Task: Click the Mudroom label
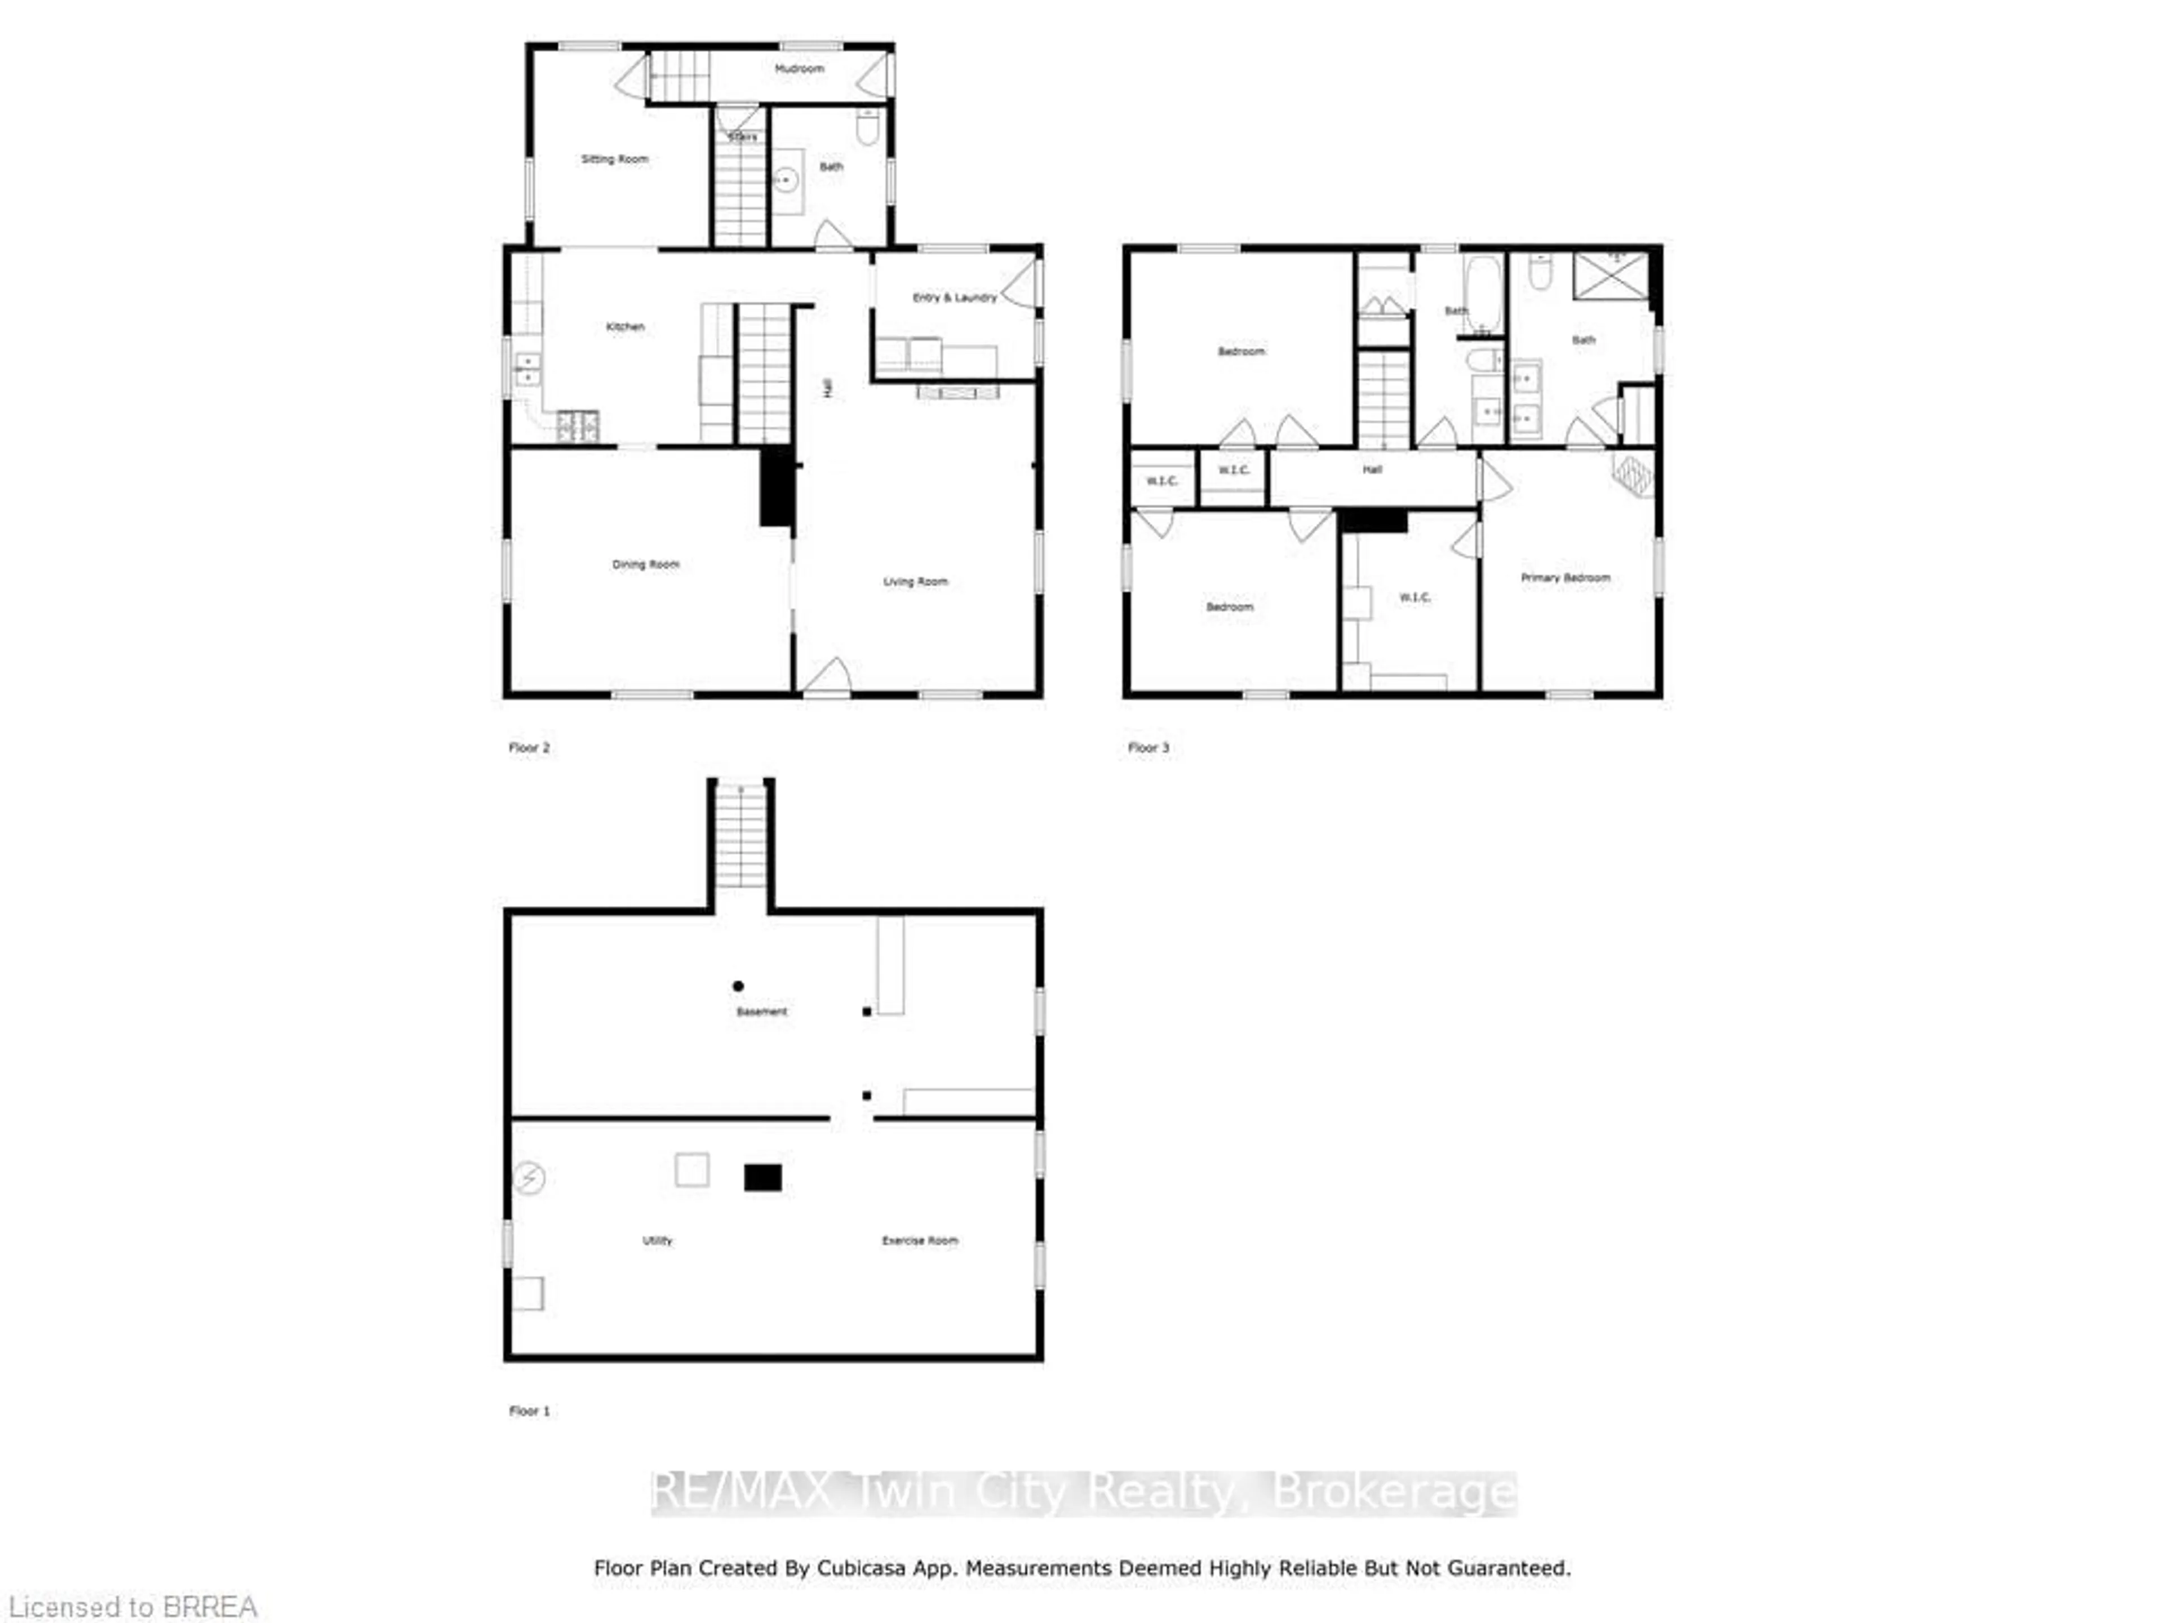click(799, 69)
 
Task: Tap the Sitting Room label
click(614, 158)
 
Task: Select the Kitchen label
click(625, 327)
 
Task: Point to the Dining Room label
click(646, 565)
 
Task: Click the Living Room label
click(916, 581)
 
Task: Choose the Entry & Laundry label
click(955, 298)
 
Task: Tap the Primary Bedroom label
click(1566, 577)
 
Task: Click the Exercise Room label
click(920, 1240)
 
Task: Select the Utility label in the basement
click(658, 1240)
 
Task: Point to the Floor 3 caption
click(1148, 747)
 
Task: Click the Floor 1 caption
click(529, 1411)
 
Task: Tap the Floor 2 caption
click(529, 747)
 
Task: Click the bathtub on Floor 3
click(1483, 294)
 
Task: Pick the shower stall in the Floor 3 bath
click(1610, 276)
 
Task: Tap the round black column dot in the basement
click(739, 986)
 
